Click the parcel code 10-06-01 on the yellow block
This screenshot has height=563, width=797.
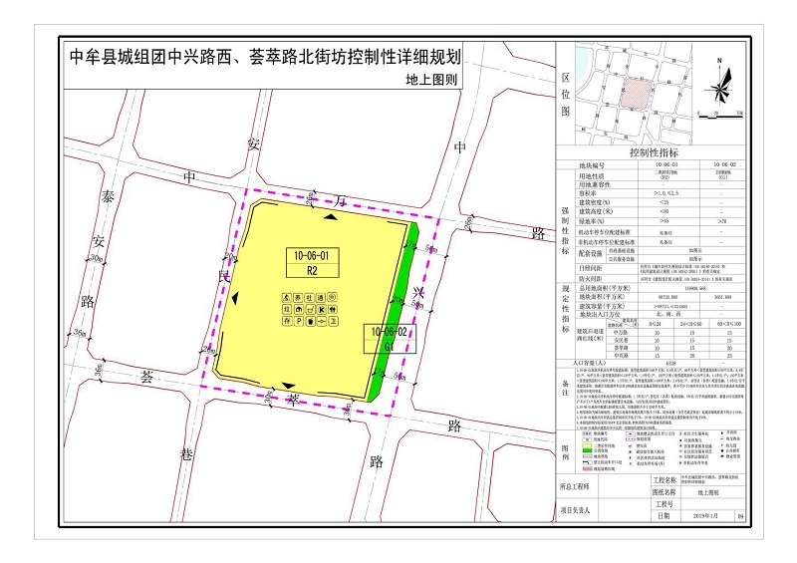[x=311, y=256]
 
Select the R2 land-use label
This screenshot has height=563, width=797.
[x=311, y=270]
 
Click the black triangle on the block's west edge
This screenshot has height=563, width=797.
[x=236, y=297]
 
